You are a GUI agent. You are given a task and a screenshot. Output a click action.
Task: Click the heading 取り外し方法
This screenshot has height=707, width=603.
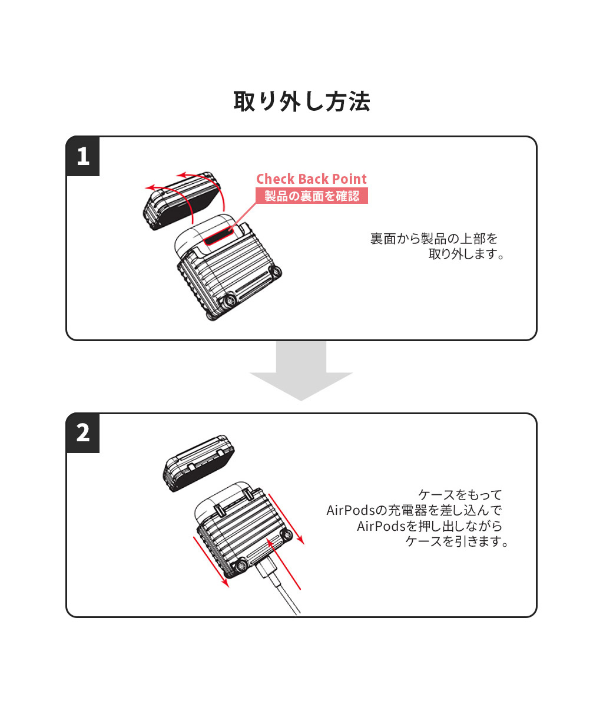(x=301, y=101)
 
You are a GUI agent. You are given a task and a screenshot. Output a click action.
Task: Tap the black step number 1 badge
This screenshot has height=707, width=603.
(x=83, y=157)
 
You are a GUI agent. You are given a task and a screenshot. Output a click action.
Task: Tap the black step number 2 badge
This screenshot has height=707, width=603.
(x=83, y=433)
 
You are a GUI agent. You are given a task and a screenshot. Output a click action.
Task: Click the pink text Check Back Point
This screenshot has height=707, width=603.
(x=311, y=179)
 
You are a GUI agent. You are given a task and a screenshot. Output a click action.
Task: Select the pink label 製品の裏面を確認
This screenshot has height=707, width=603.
(x=311, y=196)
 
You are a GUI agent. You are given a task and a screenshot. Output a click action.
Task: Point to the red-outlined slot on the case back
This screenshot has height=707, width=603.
(x=220, y=237)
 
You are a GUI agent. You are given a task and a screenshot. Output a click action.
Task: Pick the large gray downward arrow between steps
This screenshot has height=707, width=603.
(x=301, y=371)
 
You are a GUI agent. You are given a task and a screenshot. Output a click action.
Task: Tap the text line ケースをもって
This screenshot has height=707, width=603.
(x=460, y=494)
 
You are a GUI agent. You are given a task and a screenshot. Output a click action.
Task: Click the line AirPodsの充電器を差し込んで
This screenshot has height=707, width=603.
(x=414, y=510)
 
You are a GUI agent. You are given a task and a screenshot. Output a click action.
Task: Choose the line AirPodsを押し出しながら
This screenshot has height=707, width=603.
(x=429, y=526)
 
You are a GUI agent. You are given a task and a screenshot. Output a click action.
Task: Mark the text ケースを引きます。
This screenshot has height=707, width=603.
(x=457, y=541)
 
